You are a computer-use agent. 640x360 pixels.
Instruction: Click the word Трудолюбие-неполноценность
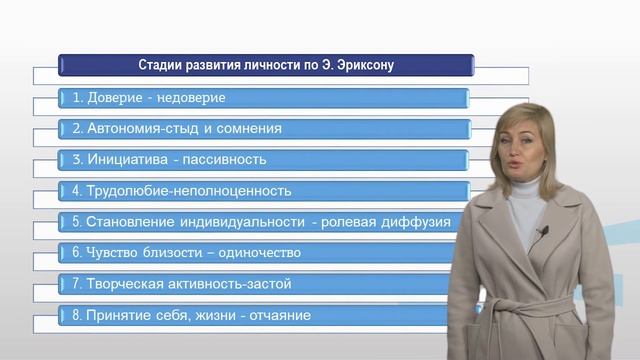(189, 190)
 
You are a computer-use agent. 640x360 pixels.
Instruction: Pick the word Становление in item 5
(132, 221)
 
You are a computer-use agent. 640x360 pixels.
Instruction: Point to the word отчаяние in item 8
(278, 316)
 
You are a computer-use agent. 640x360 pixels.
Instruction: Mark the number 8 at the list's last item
(76, 316)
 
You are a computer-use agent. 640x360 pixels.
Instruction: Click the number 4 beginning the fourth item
(76, 190)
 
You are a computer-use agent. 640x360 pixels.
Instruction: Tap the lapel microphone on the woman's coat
(543, 233)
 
